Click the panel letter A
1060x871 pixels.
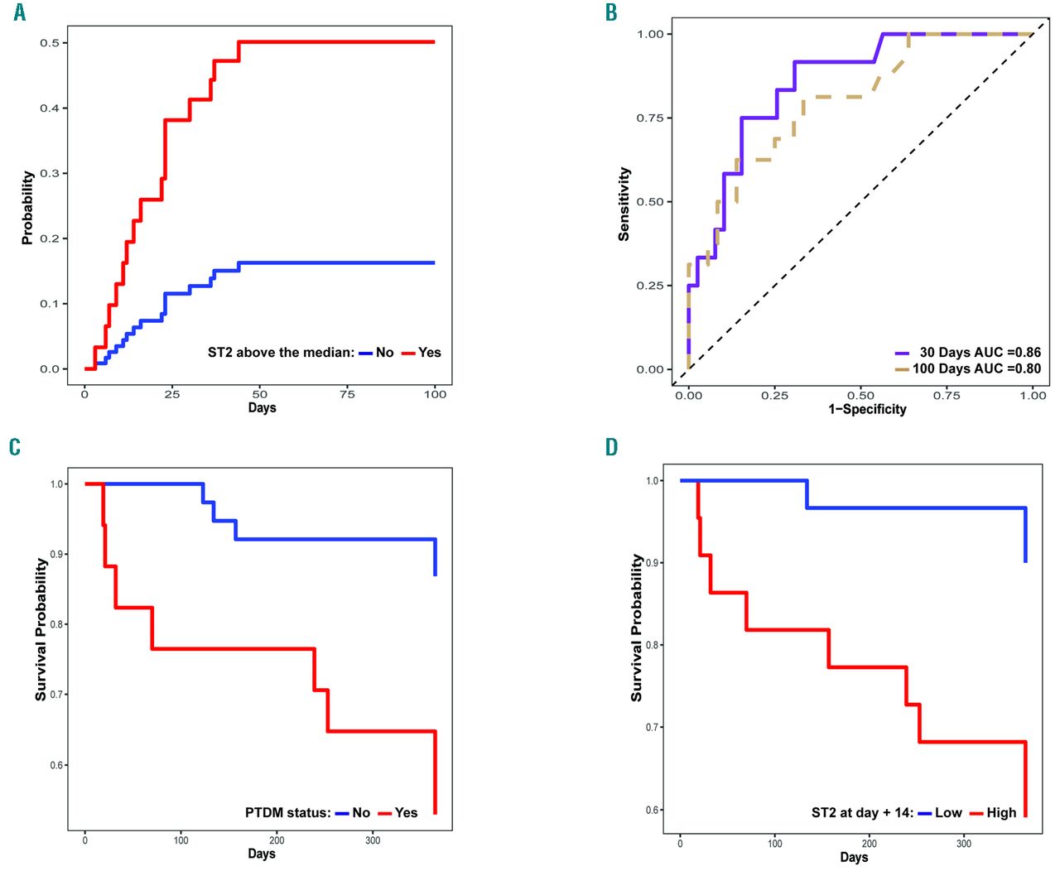[19, 12]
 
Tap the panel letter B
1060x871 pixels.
[611, 12]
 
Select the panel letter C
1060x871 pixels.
[15, 447]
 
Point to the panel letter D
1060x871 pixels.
[611, 447]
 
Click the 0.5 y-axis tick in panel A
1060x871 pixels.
[50, 43]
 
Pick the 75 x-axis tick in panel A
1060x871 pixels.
[347, 394]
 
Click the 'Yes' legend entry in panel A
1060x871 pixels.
[429, 353]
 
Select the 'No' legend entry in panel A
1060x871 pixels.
[384, 353]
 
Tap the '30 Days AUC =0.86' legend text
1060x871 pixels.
[980, 353]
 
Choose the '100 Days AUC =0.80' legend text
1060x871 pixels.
[976, 368]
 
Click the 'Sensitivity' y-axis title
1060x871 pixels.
[624, 205]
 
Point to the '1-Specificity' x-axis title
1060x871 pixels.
[867, 409]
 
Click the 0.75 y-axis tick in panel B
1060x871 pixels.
[650, 118]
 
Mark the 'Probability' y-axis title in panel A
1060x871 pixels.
[28, 207]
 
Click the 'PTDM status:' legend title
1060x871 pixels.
[287, 813]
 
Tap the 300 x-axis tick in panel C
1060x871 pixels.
[373, 840]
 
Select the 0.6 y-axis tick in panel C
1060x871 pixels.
[58, 765]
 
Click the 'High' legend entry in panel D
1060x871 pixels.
[1001, 813]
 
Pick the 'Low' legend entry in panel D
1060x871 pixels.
[948, 813]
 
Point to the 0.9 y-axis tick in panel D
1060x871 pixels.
[653, 563]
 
